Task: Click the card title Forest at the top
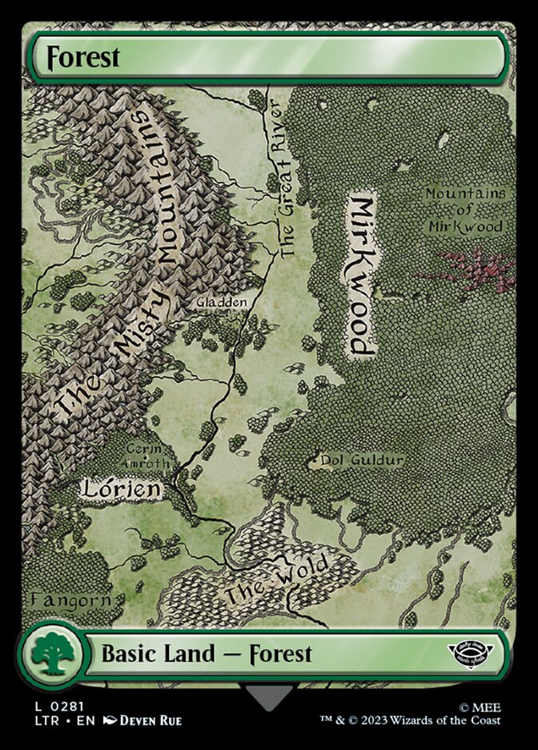pyautogui.click(x=83, y=58)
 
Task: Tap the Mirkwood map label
pyautogui.click(x=361, y=273)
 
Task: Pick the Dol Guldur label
pyautogui.click(x=361, y=460)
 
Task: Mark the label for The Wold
pyautogui.click(x=276, y=581)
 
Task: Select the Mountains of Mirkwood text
pyautogui.click(x=465, y=210)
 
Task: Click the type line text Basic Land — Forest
pyautogui.click(x=207, y=654)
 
